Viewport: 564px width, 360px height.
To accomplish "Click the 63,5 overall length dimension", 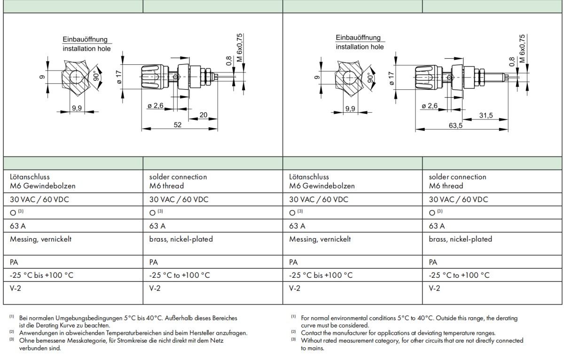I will click(453, 125).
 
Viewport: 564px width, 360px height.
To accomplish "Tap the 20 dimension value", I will click(204, 115).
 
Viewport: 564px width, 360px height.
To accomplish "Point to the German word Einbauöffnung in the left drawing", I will click(85, 39).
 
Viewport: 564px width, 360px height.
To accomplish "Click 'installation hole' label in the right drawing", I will click(360, 47).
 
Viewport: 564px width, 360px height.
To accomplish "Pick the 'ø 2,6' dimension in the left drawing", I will click(155, 106).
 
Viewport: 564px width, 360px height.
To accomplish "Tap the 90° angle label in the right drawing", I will click(369, 78).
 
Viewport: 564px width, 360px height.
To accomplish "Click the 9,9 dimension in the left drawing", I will click(77, 109).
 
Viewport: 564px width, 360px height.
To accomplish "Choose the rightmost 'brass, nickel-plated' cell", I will click(460, 239).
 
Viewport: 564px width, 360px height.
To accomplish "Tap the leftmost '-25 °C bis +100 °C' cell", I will click(41, 275).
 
